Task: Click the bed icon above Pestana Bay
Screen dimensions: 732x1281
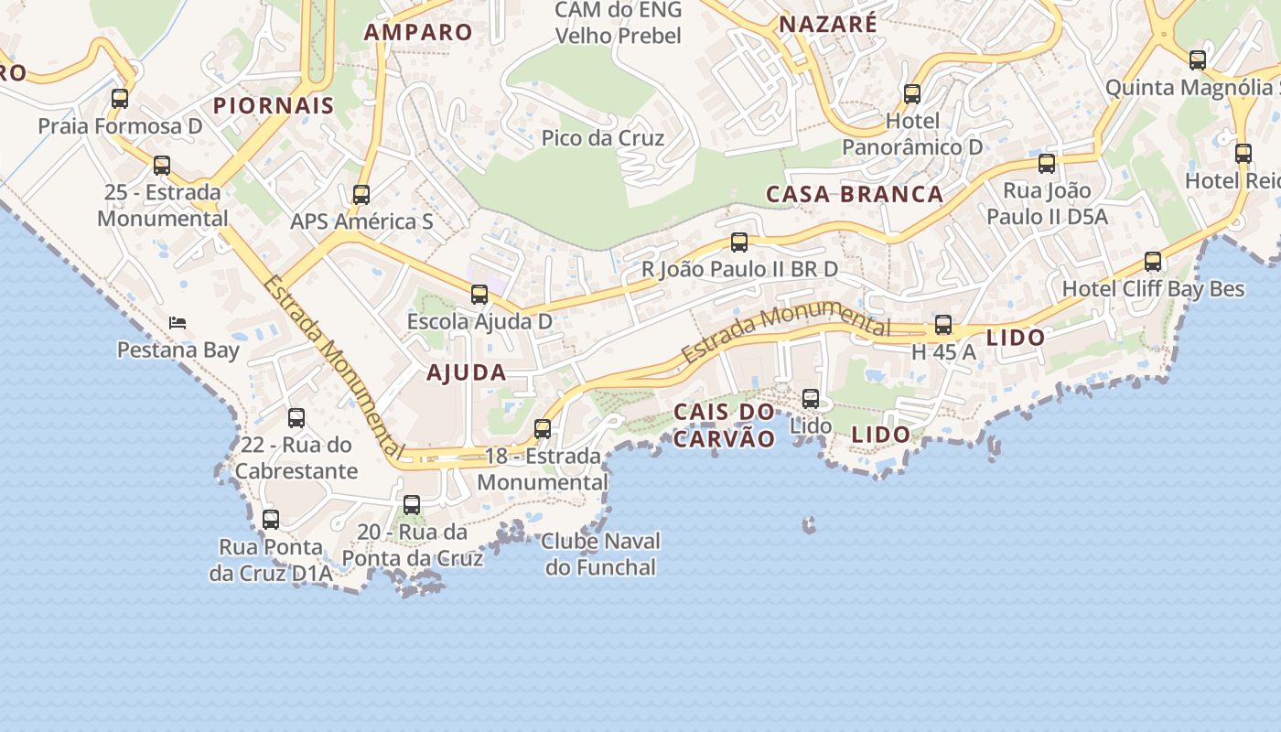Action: pos(178,322)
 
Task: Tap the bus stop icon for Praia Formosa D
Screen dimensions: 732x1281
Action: pos(120,98)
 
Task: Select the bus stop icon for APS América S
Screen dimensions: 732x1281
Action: pos(361,194)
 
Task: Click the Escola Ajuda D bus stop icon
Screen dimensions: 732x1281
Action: pos(479,294)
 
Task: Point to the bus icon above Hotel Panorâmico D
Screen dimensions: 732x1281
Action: pos(912,93)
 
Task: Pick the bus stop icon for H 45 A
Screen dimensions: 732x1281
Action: pos(943,324)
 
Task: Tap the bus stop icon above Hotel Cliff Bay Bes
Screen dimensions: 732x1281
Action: pos(1153,262)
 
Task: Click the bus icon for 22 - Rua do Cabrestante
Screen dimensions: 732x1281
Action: pos(296,418)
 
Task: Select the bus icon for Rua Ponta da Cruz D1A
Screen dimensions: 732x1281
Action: pos(271,520)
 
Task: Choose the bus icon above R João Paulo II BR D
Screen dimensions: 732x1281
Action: pos(739,242)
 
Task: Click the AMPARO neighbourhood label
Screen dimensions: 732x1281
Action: pos(418,32)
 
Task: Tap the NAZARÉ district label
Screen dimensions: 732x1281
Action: pos(827,25)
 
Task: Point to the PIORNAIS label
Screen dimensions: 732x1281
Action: pos(274,105)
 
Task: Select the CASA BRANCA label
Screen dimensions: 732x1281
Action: pos(855,194)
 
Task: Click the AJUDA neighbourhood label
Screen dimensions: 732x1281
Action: pos(467,372)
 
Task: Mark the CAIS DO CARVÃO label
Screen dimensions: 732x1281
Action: pos(724,425)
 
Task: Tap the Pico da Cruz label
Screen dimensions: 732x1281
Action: pos(602,138)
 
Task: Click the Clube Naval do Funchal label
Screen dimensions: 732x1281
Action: pos(600,554)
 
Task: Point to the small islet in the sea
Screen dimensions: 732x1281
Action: pos(809,524)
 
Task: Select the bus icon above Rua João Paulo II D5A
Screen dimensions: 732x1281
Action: pos(1047,164)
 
